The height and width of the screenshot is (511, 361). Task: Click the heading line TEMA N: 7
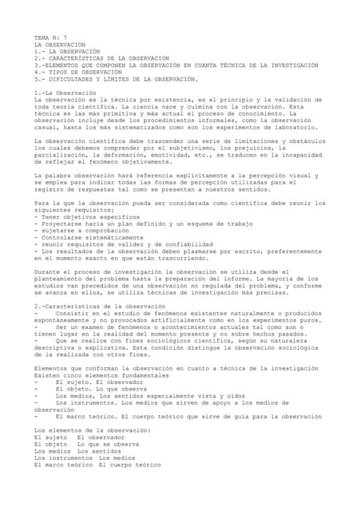pos(50,38)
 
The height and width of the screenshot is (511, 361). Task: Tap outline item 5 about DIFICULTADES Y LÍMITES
pos(115,79)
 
